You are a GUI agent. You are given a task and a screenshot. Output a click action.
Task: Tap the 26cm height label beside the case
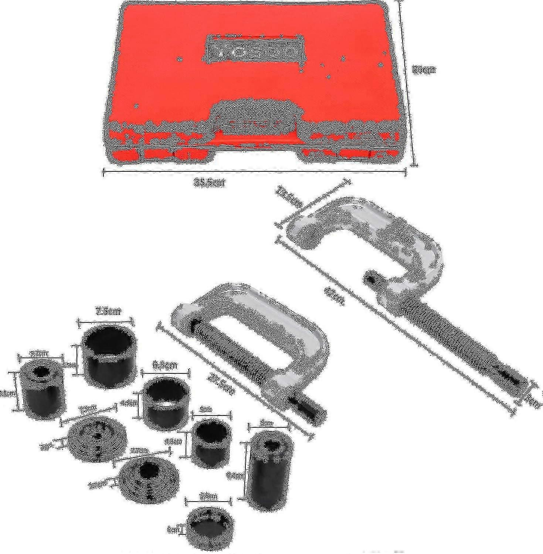(x=424, y=70)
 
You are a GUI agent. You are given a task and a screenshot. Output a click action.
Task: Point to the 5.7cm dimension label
(x=38, y=354)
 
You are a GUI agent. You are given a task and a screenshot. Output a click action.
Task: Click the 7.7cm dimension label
(x=139, y=451)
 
